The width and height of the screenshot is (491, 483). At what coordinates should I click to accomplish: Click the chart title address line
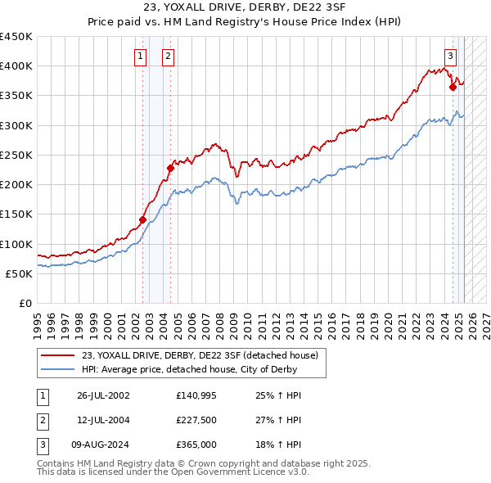tap(245, 9)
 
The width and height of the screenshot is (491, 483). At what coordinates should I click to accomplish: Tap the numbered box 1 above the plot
tap(141, 56)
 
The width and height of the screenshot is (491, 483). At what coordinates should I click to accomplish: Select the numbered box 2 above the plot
tap(167, 56)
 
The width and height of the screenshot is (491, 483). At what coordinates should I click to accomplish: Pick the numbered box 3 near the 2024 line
tap(450, 56)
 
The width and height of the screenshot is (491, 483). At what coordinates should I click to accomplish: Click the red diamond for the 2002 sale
tap(142, 219)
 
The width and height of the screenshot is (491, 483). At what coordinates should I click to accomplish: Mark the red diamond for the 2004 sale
tap(170, 168)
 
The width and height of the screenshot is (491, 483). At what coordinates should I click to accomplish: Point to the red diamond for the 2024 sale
tap(453, 87)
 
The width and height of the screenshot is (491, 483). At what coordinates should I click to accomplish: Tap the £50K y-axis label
tap(20, 274)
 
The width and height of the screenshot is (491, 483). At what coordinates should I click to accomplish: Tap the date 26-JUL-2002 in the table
tap(103, 395)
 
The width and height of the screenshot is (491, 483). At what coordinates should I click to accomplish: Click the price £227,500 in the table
tap(196, 420)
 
